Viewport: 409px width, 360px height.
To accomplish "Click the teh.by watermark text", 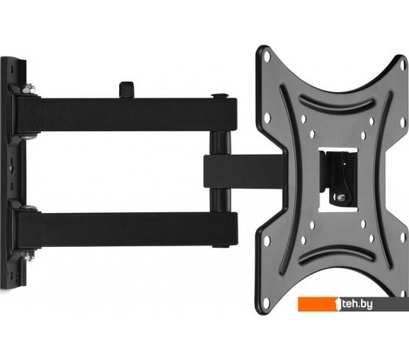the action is click(x=357, y=304).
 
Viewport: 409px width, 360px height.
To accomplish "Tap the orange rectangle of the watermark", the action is click(x=318, y=304).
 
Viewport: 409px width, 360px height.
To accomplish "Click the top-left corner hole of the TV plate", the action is click(x=267, y=57).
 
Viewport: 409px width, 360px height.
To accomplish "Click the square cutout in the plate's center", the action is click(x=339, y=180).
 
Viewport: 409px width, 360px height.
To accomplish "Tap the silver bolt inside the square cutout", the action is click(x=340, y=198).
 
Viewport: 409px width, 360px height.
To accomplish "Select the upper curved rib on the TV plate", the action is click(x=337, y=103).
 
